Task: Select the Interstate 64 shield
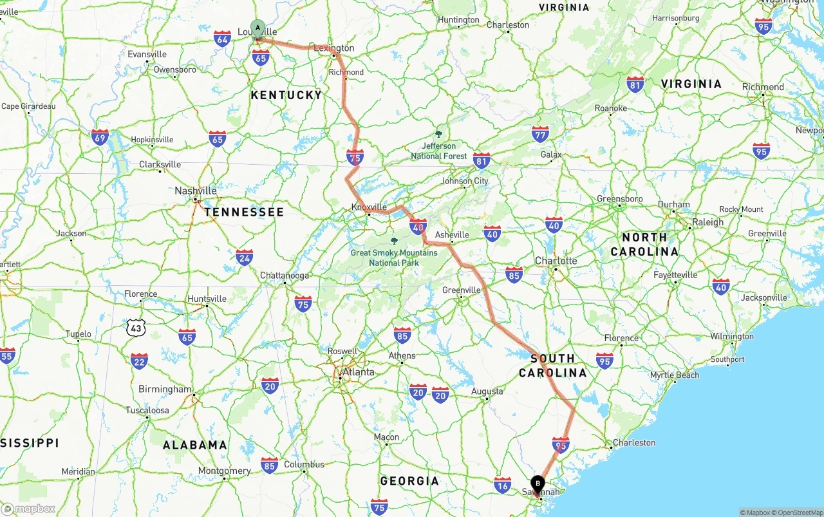pyautogui.click(x=223, y=38)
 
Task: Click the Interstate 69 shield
pyautogui.click(x=100, y=136)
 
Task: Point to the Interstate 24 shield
pyautogui.click(x=244, y=258)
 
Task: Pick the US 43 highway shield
pyautogui.click(x=136, y=328)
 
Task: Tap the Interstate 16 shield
pyautogui.click(x=503, y=485)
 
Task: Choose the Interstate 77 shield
pyautogui.click(x=540, y=135)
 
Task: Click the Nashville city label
pyautogui.click(x=196, y=191)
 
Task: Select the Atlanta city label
pyautogui.click(x=358, y=372)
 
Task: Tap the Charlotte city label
pyautogui.click(x=556, y=261)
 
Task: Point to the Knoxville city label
pyautogui.click(x=369, y=207)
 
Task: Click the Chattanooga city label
pyautogui.click(x=285, y=276)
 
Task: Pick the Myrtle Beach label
pyautogui.click(x=675, y=375)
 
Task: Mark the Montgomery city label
pyautogui.click(x=224, y=471)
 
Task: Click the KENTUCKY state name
pyautogui.click(x=286, y=95)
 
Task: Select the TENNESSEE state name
pyautogui.click(x=244, y=212)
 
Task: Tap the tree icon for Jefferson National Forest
pyautogui.click(x=438, y=134)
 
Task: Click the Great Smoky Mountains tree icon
pyautogui.click(x=394, y=241)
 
